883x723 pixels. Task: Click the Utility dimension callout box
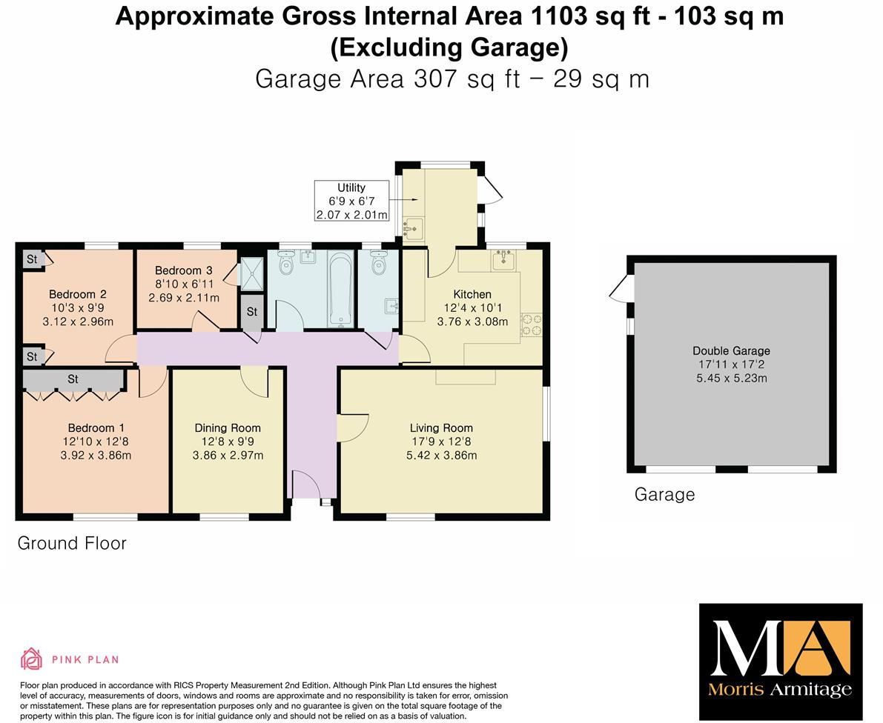351,201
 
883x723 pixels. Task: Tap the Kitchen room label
472,294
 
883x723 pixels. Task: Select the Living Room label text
441,427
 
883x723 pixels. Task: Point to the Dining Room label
228,427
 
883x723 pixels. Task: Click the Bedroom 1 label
96,427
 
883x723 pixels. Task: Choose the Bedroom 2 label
77,294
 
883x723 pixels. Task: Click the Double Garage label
731,350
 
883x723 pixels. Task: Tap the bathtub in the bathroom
340,288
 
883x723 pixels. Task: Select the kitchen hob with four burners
532,325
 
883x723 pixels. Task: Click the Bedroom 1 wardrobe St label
73,379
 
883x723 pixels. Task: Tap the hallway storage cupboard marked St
252,312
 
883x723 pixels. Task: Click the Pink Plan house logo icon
31,659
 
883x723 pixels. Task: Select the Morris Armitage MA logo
781,661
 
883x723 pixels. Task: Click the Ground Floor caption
72,543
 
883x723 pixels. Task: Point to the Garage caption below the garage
664,494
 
